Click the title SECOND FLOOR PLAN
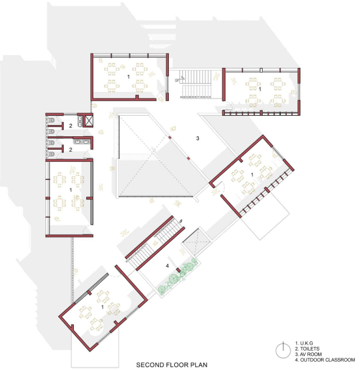click(x=172, y=365)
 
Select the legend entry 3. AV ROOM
click(x=308, y=354)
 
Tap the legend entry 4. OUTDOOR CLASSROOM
click(x=325, y=360)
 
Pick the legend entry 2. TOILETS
click(x=307, y=349)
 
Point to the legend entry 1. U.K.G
click(x=304, y=343)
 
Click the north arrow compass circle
click(x=283, y=351)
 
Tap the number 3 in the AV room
click(x=198, y=138)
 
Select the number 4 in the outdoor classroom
click(x=167, y=266)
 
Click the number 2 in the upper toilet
click(x=71, y=126)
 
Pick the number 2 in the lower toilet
click(x=71, y=150)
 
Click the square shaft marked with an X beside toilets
click(x=89, y=120)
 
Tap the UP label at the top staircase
click(x=176, y=81)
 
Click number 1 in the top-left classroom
click(x=129, y=77)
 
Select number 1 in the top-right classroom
click(x=260, y=89)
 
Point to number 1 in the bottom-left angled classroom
click(x=102, y=307)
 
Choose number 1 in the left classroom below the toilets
click(x=71, y=189)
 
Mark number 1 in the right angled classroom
click(x=252, y=175)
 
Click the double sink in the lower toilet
click(x=82, y=142)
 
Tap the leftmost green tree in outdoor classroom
click(x=162, y=289)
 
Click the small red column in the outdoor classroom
click(x=179, y=270)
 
